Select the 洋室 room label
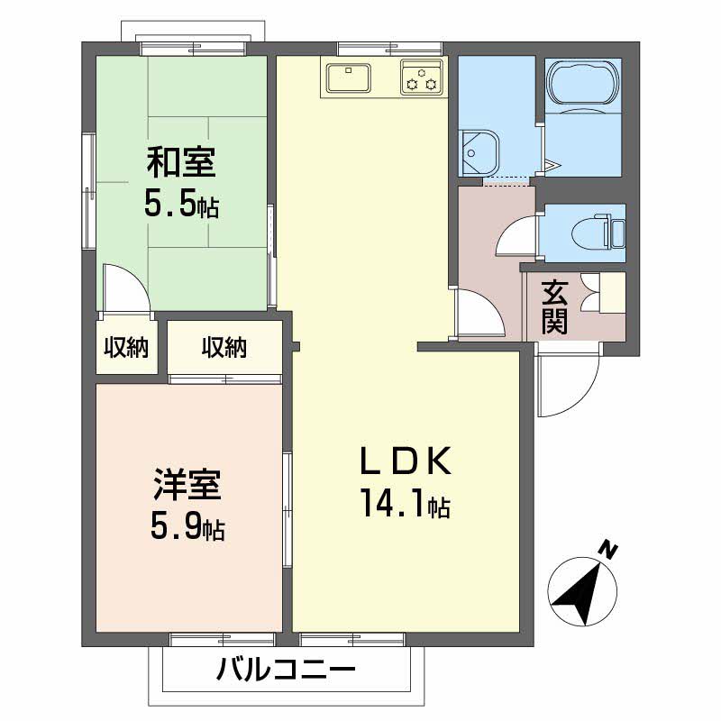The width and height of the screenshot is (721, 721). tap(187, 487)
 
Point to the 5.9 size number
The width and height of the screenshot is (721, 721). tap(187, 527)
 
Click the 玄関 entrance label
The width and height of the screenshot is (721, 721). tap(554, 307)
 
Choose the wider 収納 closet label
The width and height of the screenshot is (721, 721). tap(224, 347)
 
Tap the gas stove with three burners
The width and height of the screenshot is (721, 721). tap(422, 78)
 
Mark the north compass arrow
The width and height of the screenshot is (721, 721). tap(582, 594)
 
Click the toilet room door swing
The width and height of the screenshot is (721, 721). tap(518, 236)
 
